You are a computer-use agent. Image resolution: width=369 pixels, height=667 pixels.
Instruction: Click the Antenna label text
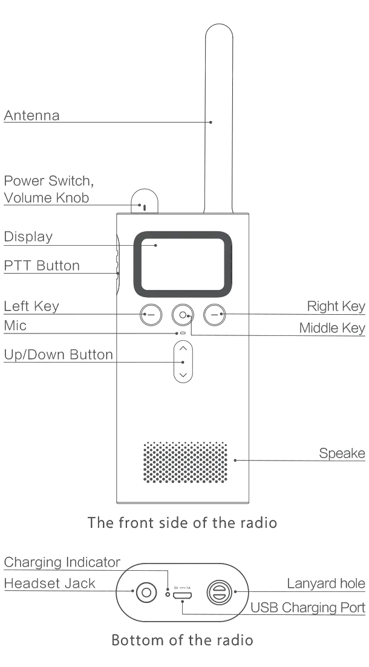(x=33, y=115)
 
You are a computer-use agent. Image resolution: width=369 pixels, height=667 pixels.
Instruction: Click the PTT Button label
(x=42, y=265)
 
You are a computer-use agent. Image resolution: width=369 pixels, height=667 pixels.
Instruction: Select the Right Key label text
(x=336, y=306)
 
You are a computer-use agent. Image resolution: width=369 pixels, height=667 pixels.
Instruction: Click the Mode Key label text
(x=333, y=328)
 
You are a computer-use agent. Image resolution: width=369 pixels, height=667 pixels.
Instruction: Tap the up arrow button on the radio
(x=183, y=349)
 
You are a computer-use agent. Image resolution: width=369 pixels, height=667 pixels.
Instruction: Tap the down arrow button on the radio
(x=183, y=375)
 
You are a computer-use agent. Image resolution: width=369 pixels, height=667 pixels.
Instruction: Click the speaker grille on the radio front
(x=184, y=462)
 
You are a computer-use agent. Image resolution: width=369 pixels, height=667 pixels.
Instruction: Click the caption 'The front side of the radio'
(x=183, y=522)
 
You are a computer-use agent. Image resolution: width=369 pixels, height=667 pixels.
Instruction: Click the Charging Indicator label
(x=63, y=562)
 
